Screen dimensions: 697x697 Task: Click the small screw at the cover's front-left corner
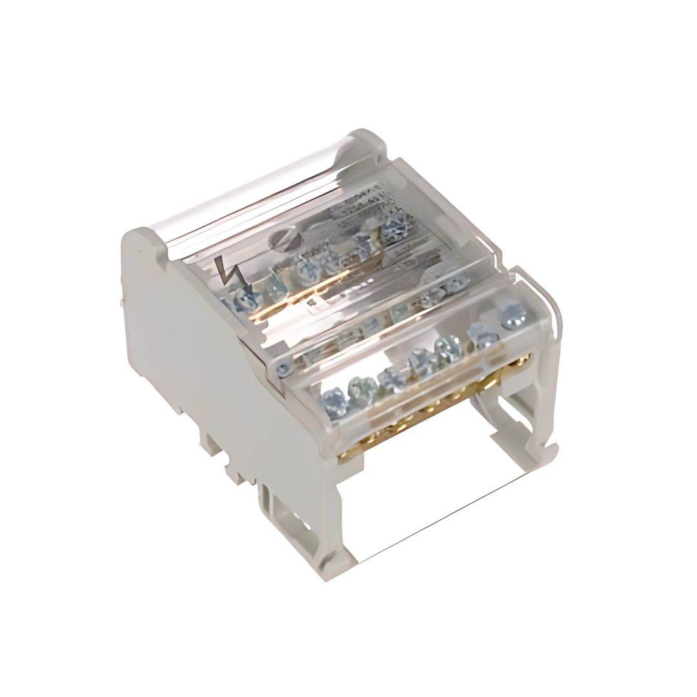point(282,368)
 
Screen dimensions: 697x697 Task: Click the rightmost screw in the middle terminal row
point(456,285)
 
